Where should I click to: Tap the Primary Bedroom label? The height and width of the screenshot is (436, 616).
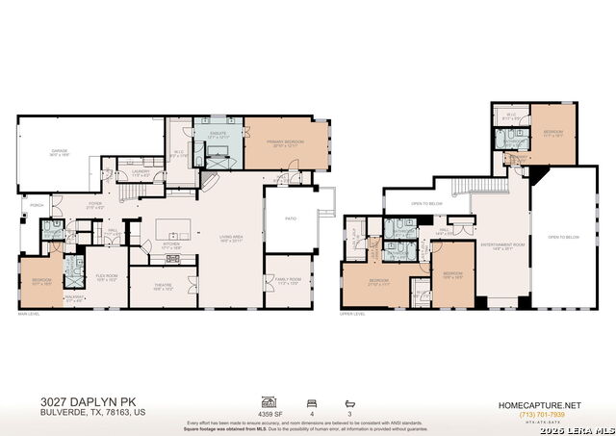pyautogui.click(x=286, y=141)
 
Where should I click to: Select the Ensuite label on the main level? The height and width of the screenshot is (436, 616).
pyautogui.click(x=218, y=135)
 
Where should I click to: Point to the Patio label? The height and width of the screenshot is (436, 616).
pyautogui.click(x=291, y=218)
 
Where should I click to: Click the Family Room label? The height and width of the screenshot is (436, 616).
pyautogui.click(x=289, y=282)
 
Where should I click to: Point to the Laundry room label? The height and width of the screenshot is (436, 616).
pyautogui.click(x=141, y=174)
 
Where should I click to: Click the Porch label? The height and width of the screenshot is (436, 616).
pyautogui.click(x=37, y=204)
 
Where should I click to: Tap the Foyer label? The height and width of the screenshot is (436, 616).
pyautogui.click(x=96, y=205)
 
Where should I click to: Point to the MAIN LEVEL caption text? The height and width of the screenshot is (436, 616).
pyautogui.click(x=30, y=314)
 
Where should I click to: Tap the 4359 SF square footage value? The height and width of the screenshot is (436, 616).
pyautogui.click(x=268, y=414)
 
